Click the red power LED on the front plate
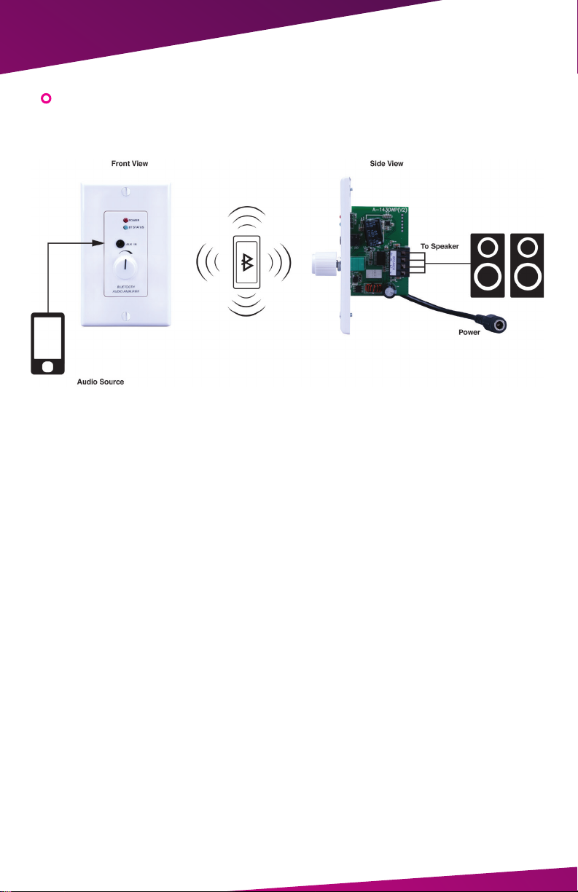coord(126,219)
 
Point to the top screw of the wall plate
coord(125,192)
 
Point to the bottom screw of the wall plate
coord(125,317)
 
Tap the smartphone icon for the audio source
coord(47,342)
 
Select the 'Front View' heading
coord(130,164)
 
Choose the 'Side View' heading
coord(386,164)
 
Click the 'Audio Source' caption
coord(101,382)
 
